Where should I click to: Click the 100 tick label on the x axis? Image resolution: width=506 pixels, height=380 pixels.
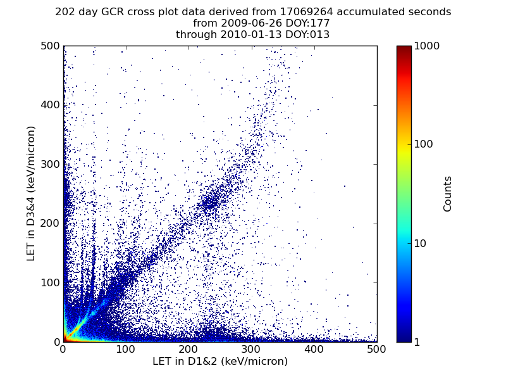126,349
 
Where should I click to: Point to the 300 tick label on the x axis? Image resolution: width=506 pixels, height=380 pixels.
252,349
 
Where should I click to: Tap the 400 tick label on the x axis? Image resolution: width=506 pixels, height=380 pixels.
314,349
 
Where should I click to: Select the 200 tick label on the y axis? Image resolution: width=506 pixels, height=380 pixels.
49,224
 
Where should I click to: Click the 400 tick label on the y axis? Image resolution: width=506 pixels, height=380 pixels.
49,105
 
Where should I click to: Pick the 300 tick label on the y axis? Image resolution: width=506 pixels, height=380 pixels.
49,164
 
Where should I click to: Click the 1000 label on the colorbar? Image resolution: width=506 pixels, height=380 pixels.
426,46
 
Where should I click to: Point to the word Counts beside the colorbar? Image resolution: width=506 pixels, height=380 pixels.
448,194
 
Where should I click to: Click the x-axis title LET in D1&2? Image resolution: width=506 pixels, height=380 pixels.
220,362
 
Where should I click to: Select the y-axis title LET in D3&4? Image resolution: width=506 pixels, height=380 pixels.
31,193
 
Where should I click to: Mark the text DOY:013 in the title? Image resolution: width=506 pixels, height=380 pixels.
308,35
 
